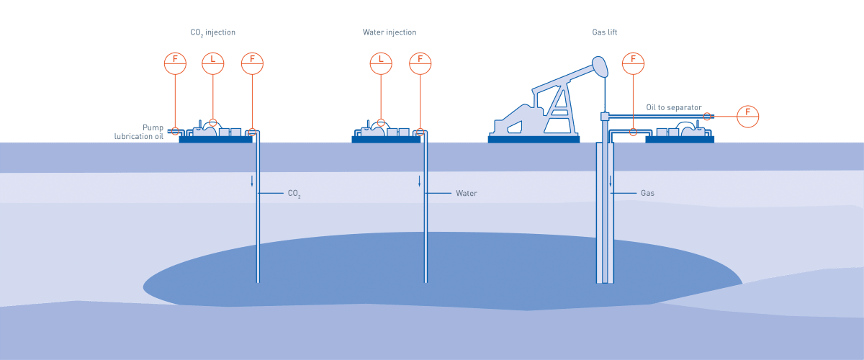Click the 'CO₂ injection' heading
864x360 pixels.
[x=213, y=32]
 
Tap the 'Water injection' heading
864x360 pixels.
[x=390, y=32]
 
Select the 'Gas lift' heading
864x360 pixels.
[x=604, y=32]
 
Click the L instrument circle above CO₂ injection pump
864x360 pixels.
[x=213, y=63]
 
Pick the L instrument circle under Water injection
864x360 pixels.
[x=381, y=63]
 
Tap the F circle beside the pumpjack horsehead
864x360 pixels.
[x=634, y=63]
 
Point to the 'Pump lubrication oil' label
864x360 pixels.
[x=141, y=131]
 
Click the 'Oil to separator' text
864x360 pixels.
[x=673, y=107]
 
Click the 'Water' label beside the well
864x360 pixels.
[x=466, y=194]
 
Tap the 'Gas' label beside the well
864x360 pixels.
[x=647, y=194]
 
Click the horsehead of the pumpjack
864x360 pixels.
[x=599, y=67]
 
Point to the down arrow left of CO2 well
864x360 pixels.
[x=252, y=181]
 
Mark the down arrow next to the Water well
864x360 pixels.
[x=420, y=181]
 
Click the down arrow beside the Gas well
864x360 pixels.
[x=611, y=181]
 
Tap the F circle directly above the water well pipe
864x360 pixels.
[x=420, y=63]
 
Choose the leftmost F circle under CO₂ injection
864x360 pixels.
[x=175, y=63]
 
